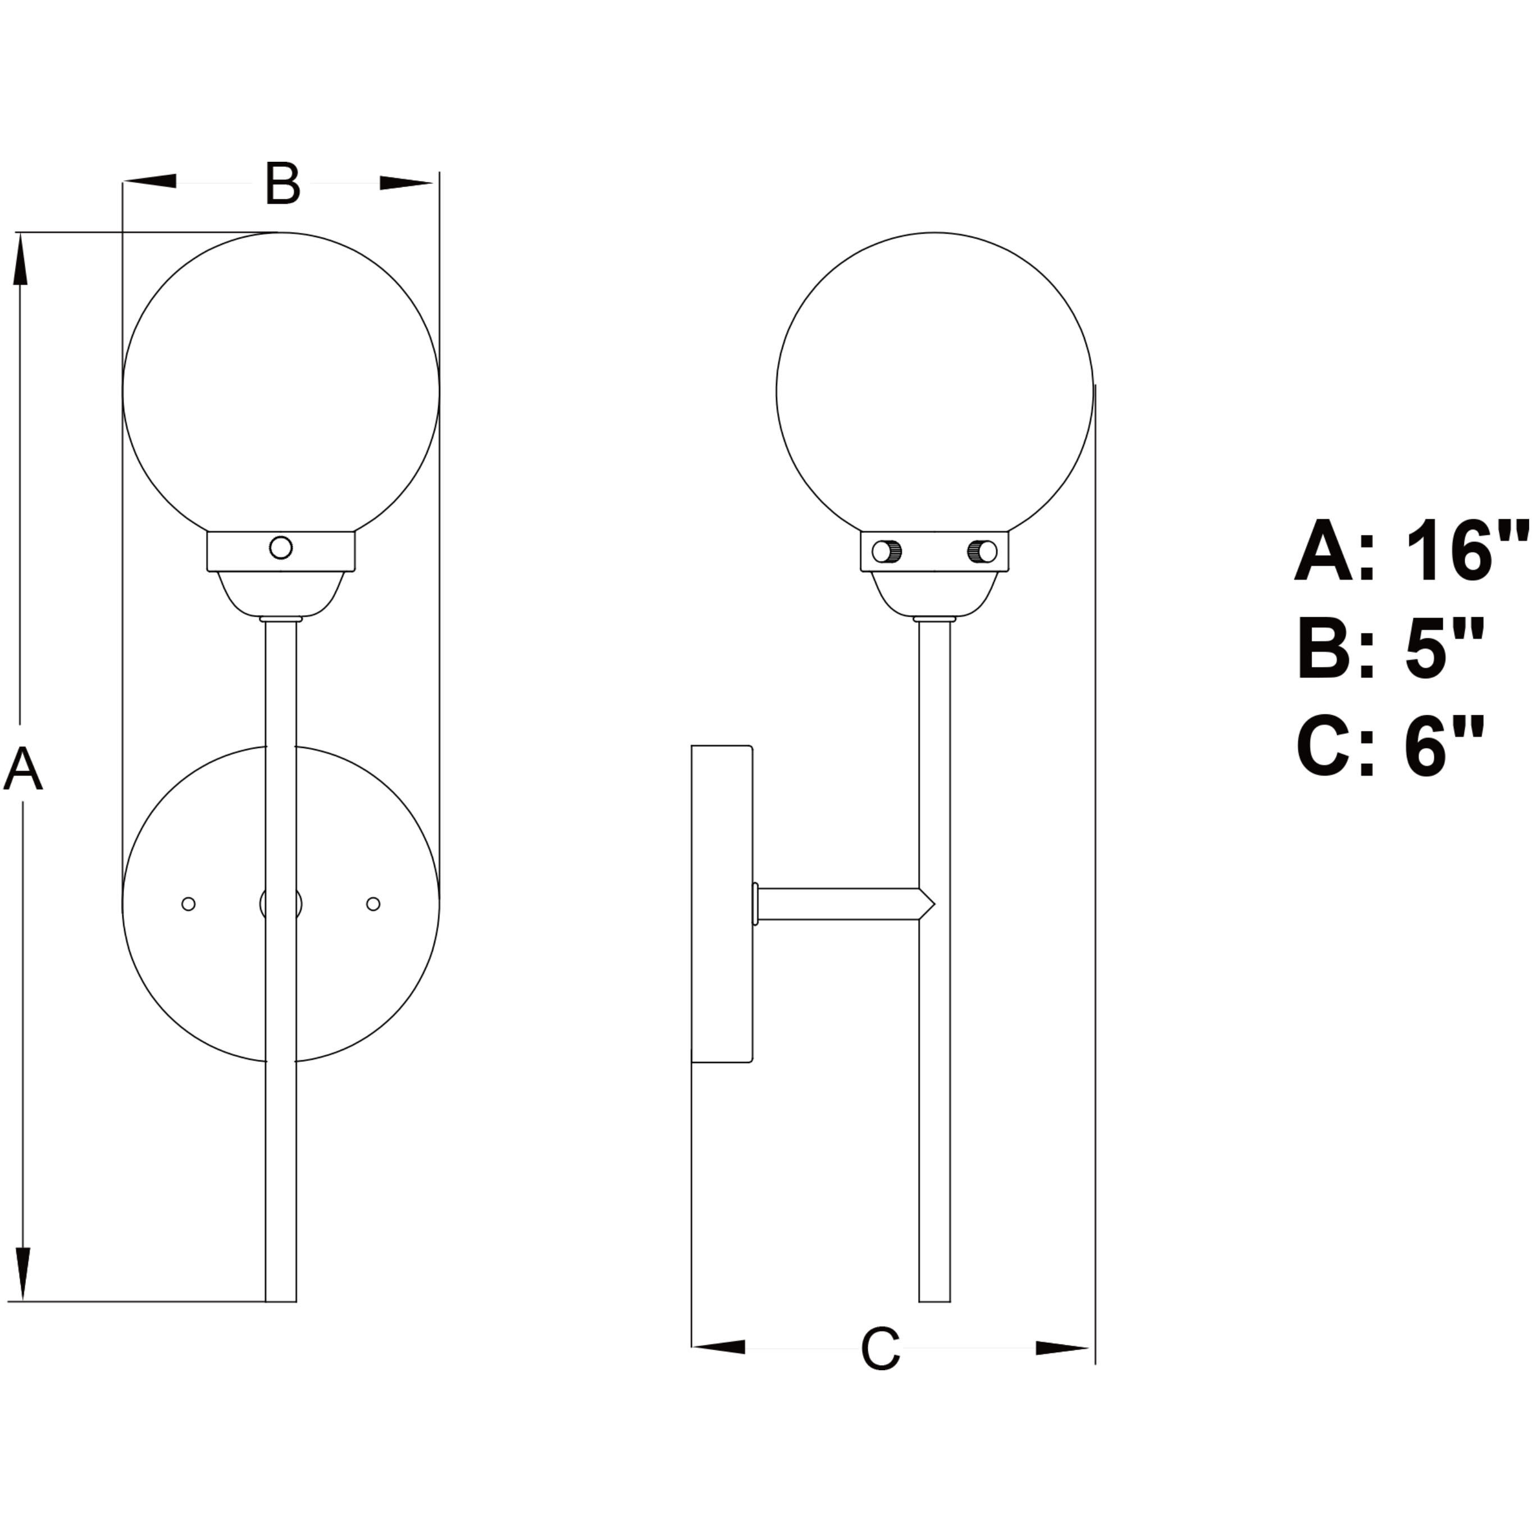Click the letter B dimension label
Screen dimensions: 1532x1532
click(x=282, y=184)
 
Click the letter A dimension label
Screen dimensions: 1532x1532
click(x=22, y=769)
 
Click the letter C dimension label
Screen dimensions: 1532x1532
click(x=880, y=1349)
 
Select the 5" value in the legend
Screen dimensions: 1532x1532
click(x=1444, y=649)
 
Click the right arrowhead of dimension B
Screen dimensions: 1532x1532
click(x=405, y=183)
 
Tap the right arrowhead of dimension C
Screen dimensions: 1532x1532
click(x=1061, y=1348)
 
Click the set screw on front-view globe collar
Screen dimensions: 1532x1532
click(x=281, y=547)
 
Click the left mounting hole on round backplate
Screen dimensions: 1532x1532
click(x=189, y=904)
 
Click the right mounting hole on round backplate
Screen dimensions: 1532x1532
click(x=373, y=904)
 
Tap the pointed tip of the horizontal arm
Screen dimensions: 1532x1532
click(x=933, y=904)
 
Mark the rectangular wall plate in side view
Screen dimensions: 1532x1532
click(x=721, y=904)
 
